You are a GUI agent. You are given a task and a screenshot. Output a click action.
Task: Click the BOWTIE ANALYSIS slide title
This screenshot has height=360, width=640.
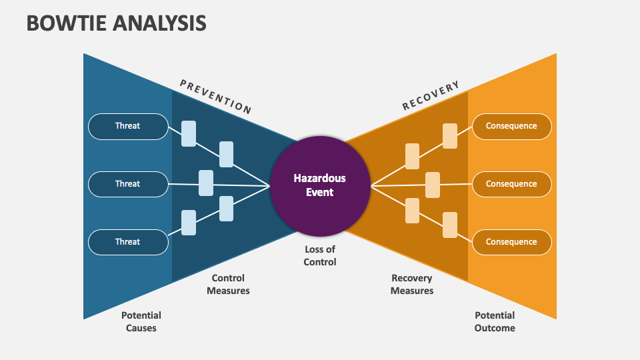[117, 23]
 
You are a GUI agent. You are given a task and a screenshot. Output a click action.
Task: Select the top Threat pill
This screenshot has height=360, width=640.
[128, 126]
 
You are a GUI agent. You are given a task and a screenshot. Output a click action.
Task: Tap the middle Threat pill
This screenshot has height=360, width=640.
[128, 184]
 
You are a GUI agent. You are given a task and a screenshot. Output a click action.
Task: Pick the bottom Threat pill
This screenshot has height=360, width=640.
[128, 242]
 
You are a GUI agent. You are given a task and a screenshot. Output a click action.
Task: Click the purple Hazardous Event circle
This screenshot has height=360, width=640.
[320, 185]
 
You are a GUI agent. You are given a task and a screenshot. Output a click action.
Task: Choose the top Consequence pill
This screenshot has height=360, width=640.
[511, 126]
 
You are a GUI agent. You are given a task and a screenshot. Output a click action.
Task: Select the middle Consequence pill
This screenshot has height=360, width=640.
[511, 184]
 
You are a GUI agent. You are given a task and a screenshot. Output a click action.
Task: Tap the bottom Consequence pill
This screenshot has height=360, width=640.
[511, 242]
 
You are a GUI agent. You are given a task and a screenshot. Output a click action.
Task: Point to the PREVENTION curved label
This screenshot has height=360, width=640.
[215, 96]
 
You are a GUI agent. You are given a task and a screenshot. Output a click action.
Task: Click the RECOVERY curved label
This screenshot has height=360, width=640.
[431, 96]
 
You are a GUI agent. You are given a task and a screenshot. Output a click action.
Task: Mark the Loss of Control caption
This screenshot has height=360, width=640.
[320, 255]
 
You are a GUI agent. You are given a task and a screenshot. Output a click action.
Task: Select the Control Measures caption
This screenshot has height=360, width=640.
[228, 284]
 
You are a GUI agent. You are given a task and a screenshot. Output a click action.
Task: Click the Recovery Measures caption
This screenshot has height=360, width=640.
[412, 284]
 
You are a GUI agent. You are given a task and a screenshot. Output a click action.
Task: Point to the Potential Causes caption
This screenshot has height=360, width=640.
[141, 321]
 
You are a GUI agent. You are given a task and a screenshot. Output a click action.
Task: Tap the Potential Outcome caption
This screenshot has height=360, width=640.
[495, 321]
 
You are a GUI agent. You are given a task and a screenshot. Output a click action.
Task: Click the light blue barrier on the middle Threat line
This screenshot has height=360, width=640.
[206, 183]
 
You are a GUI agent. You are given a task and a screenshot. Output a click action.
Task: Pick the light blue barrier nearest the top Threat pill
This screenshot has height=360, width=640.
[189, 133]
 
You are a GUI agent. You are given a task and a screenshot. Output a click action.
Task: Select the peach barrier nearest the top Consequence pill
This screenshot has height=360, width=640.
[450, 136]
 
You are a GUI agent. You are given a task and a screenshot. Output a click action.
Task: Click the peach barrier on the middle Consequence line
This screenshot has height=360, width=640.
[433, 185]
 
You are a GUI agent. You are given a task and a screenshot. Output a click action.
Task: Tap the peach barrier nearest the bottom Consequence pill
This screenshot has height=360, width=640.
[450, 225]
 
